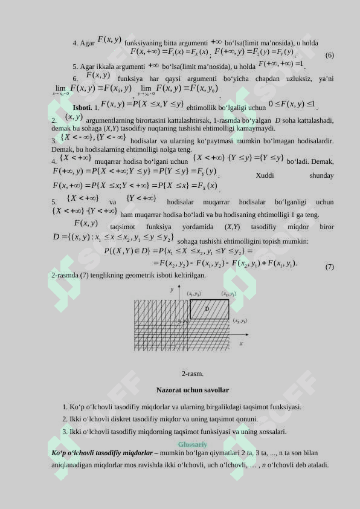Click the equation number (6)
[329, 55]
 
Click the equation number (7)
[329, 267]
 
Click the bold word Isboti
[82, 108]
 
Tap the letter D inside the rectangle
[207, 308]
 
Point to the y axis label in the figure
[172, 290]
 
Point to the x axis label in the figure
[240, 343]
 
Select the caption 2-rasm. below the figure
[192, 374]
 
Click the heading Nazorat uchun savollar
[192, 390]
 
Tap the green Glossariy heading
[192, 444]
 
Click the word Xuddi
[265, 175]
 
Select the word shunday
[321, 175]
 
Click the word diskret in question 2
[135, 419]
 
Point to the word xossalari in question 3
[269, 432]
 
